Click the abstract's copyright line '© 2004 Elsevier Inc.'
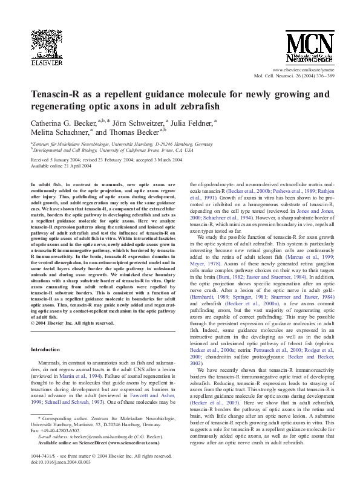[x=73, y=323]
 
